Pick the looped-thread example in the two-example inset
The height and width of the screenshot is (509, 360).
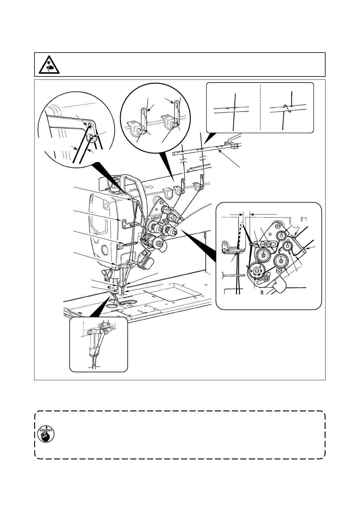[x=287, y=109]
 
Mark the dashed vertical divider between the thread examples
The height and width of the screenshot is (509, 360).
[x=260, y=107]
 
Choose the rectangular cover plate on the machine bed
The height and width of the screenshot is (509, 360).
[x=172, y=292]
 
